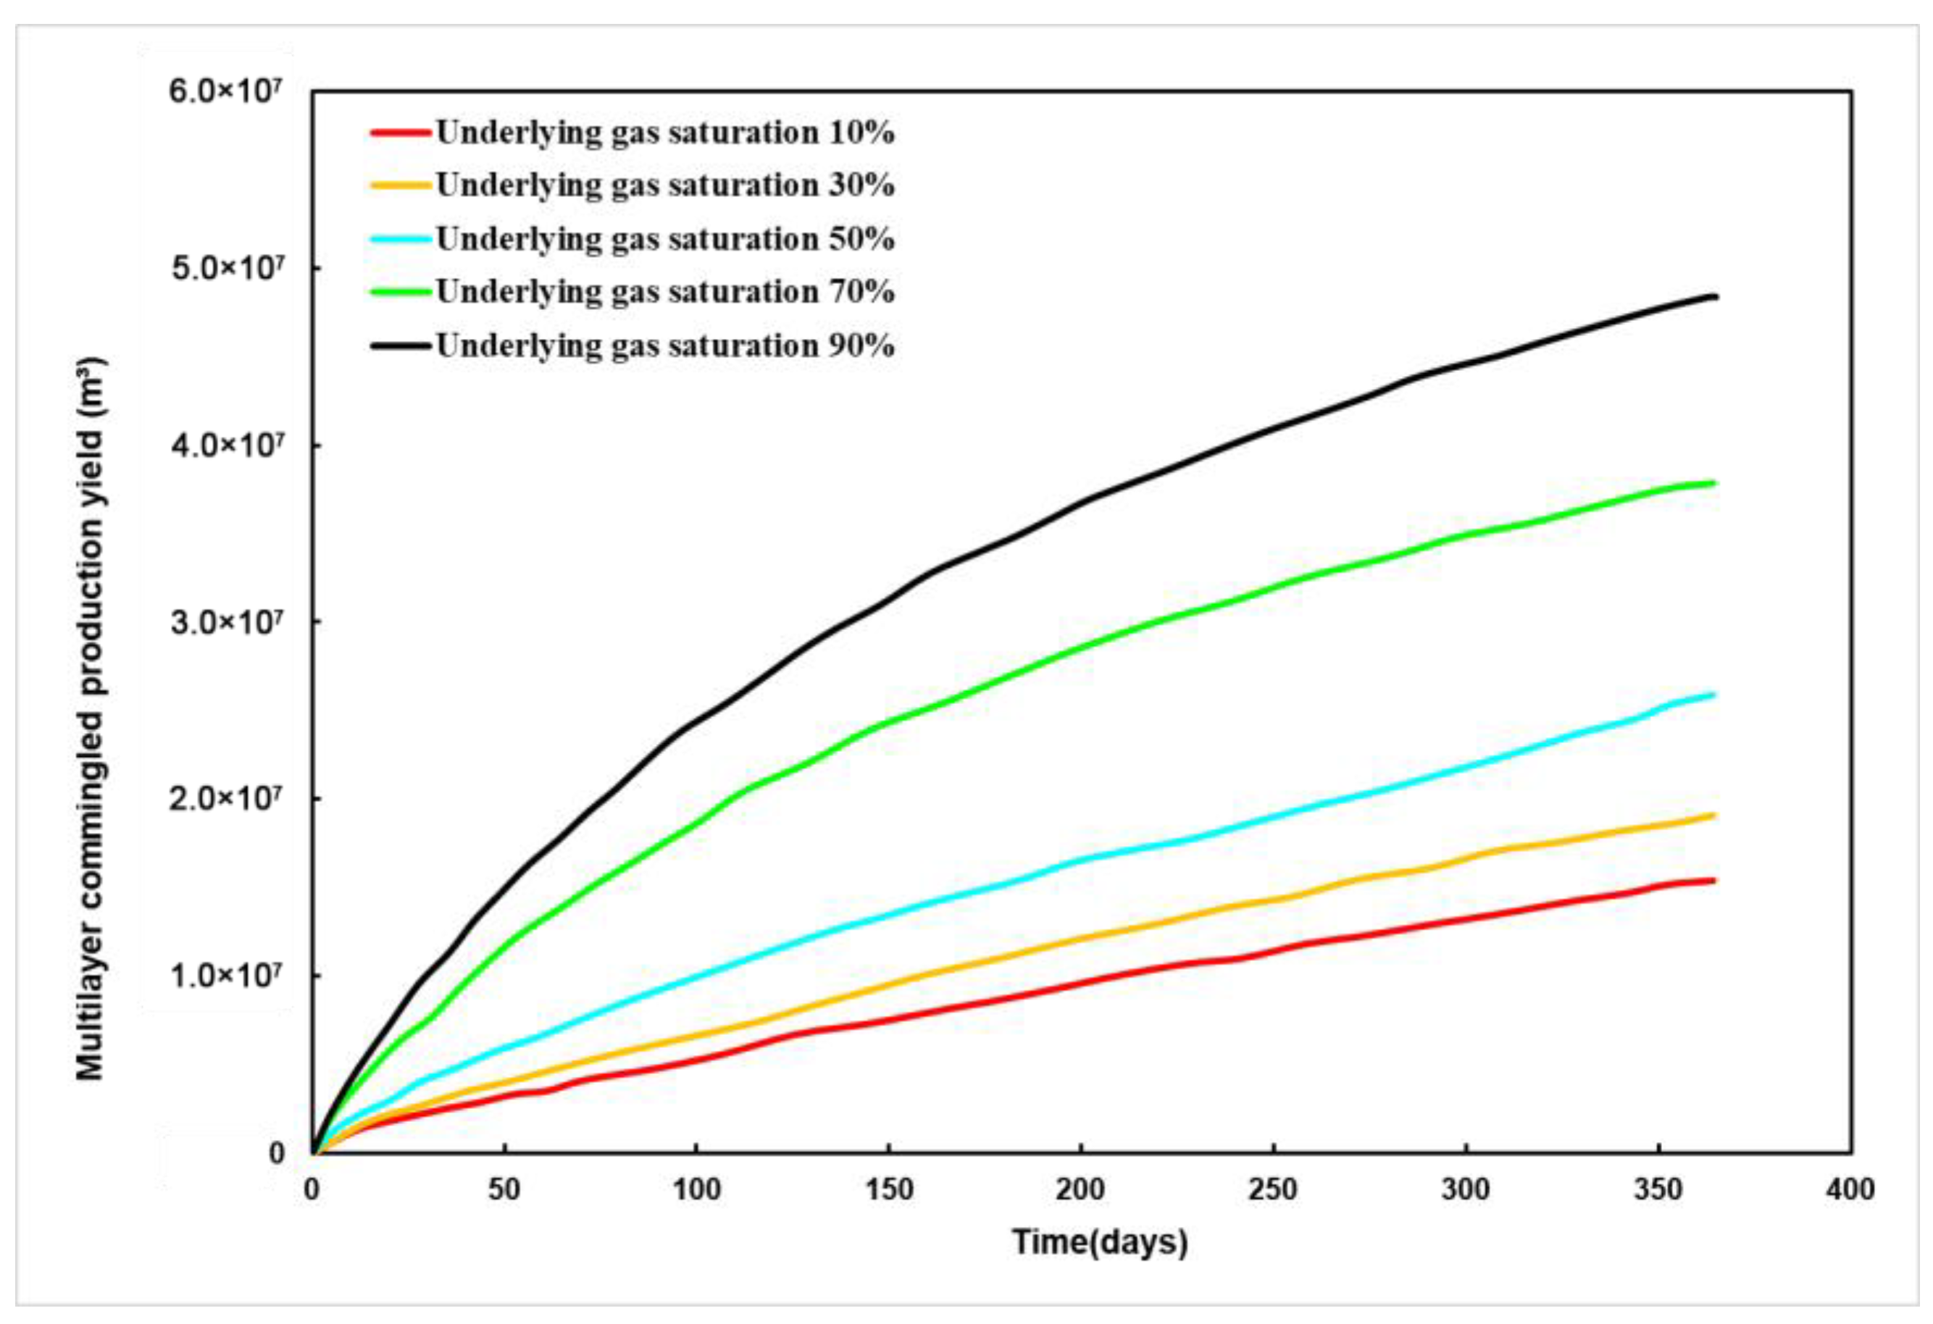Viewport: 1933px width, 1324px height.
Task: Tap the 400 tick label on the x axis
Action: coord(1850,1190)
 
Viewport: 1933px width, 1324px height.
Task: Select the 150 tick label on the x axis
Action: coord(888,1190)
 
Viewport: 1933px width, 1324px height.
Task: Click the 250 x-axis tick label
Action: coord(1272,1190)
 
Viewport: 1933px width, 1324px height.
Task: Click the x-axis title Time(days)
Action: coord(1100,1241)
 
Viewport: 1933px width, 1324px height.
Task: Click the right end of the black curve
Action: coord(1715,297)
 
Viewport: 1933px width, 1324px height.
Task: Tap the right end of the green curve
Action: coord(1715,482)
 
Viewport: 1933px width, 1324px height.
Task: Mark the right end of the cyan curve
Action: coord(1715,695)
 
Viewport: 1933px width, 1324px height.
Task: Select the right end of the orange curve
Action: coord(1715,815)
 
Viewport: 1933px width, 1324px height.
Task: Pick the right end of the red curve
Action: coord(1715,880)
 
